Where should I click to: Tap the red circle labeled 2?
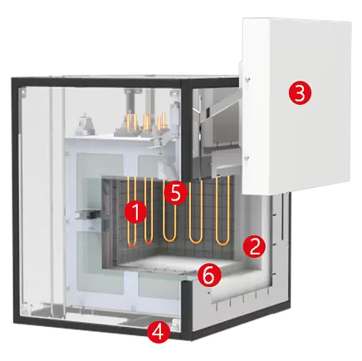[x=254, y=246]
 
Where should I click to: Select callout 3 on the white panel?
[x=300, y=94]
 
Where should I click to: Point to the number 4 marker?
[x=159, y=332]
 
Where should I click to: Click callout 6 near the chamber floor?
[x=210, y=275]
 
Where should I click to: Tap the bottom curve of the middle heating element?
[x=170, y=240]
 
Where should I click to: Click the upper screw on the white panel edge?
[x=247, y=79]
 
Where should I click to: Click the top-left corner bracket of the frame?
[x=24, y=93]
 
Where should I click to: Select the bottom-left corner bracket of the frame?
[x=25, y=307]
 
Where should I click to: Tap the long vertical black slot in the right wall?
[x=281, y=216]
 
